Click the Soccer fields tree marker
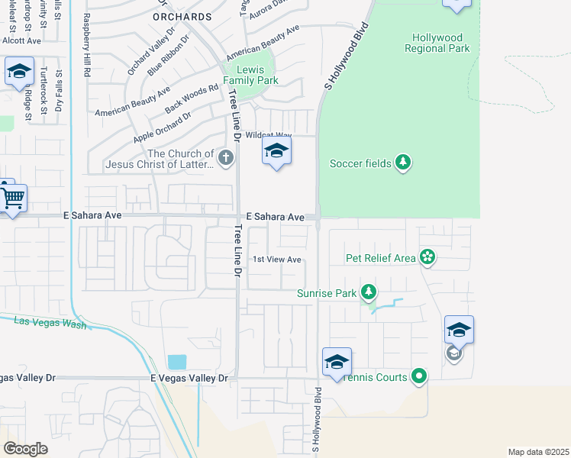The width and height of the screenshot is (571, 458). (x=403, y=163)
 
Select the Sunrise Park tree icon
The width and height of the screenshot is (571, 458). (x=369, y=292)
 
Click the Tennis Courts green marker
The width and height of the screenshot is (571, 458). (x=419, y=376)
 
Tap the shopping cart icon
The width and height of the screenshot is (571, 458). (x=13, y=198)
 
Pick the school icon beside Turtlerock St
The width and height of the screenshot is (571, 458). (x=18, y=73)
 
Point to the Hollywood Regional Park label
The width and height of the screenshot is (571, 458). (x=440, y=43)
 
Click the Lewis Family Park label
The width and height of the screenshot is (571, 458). (x=250, y=74)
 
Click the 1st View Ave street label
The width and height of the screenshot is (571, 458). (x=277, y=260)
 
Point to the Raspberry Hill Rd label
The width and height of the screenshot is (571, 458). (x=87, y=44)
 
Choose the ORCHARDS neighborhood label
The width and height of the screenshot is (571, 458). (x=182, y=16)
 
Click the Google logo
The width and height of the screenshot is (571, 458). (x=25, y=448)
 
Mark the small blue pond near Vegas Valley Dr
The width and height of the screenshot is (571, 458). (x=176, y=362)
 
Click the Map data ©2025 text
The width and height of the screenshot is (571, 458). (x=537, y=451)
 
